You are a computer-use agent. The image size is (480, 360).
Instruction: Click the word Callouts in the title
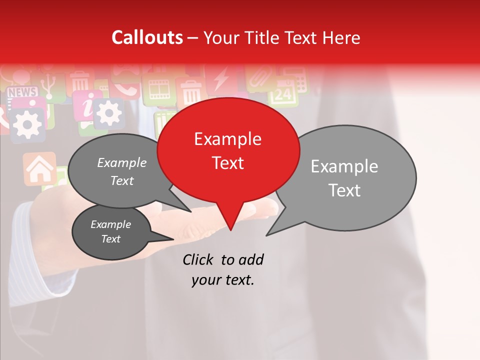point(147,37)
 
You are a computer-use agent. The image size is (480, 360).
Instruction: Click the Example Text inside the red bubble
point(228,150)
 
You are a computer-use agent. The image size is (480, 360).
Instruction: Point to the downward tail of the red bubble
point(230,220)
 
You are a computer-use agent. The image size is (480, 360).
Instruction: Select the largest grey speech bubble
point(350,177)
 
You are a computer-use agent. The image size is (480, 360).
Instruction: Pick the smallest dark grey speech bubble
point(110,232)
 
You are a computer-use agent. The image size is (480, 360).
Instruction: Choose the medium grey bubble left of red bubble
point(118,171)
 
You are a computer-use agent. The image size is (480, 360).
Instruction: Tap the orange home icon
point(40,169)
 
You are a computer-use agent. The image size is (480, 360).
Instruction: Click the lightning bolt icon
point(220,80)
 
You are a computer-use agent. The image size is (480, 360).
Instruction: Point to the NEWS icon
point(22,92)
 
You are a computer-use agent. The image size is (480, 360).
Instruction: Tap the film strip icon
point(159,90)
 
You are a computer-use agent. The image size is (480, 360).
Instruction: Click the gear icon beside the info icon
point(108,112)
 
